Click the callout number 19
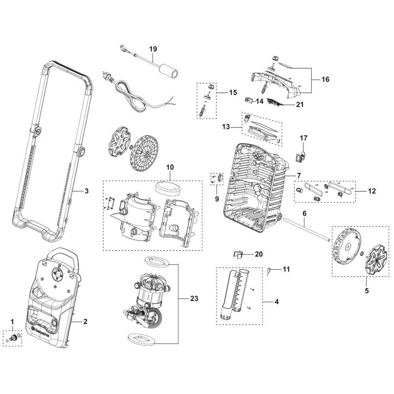153,49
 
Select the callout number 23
194,298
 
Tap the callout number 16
325,80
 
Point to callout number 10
170,167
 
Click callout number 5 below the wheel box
366,291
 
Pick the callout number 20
258,254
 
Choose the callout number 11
286,269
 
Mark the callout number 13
226,127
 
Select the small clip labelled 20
238,254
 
